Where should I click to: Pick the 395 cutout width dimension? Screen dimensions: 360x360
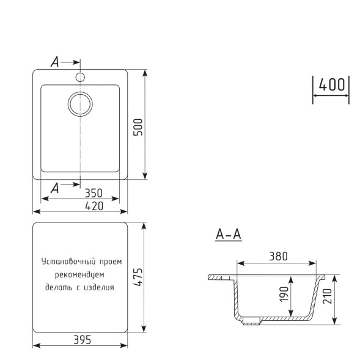tap(81, 340)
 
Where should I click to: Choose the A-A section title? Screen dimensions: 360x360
tap(228, 234)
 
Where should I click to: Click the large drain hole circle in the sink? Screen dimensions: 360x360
tap(80, 104)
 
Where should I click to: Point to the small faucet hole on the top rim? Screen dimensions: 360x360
tap(79, 77)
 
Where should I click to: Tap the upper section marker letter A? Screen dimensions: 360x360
tap(54, 62)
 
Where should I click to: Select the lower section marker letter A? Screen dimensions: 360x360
tap(54, 188)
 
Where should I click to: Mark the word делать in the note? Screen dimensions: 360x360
tap(58, 286)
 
